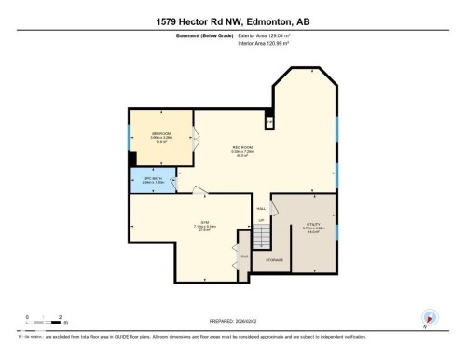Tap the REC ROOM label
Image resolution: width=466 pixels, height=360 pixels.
pyautogui.click(x=242, y=148)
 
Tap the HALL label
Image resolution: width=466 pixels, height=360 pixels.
pyautogui.click(x=261, y=207)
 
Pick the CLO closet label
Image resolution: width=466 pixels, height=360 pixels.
pyautogui.click(x=244, y=256)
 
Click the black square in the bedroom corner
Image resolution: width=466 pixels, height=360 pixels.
pyautogui.click(x=133, y=159)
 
